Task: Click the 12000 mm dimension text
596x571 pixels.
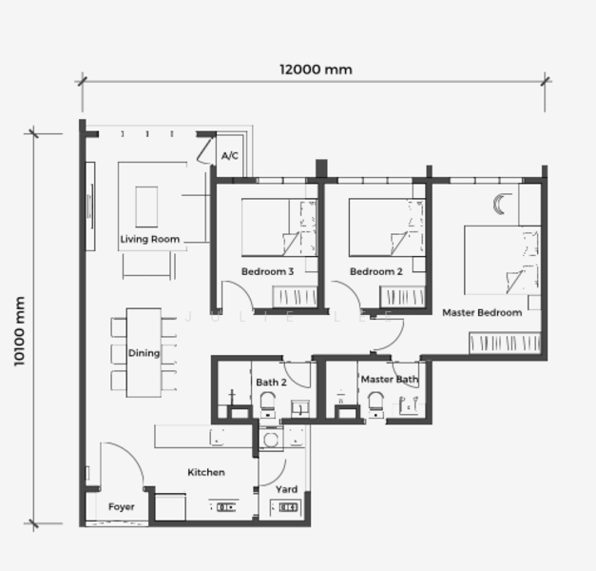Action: point(315,69)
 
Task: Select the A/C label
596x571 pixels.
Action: point(229,155)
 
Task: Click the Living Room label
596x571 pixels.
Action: point(149,240)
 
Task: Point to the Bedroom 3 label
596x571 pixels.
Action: point(267,272)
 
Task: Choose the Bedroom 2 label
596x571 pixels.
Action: point(375,272)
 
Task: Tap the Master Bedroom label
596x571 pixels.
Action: point(481,313)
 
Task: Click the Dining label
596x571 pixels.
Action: point(144,354)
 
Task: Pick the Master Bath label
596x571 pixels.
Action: point(389,380)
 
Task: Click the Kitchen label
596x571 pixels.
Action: point(205,473)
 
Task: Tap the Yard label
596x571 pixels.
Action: point(286,490)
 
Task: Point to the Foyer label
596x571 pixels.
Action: point(121,507)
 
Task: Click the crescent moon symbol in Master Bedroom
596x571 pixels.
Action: point(502,204)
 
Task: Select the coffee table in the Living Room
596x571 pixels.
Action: point(146,207)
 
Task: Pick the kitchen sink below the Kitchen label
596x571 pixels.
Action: point(226,508)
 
